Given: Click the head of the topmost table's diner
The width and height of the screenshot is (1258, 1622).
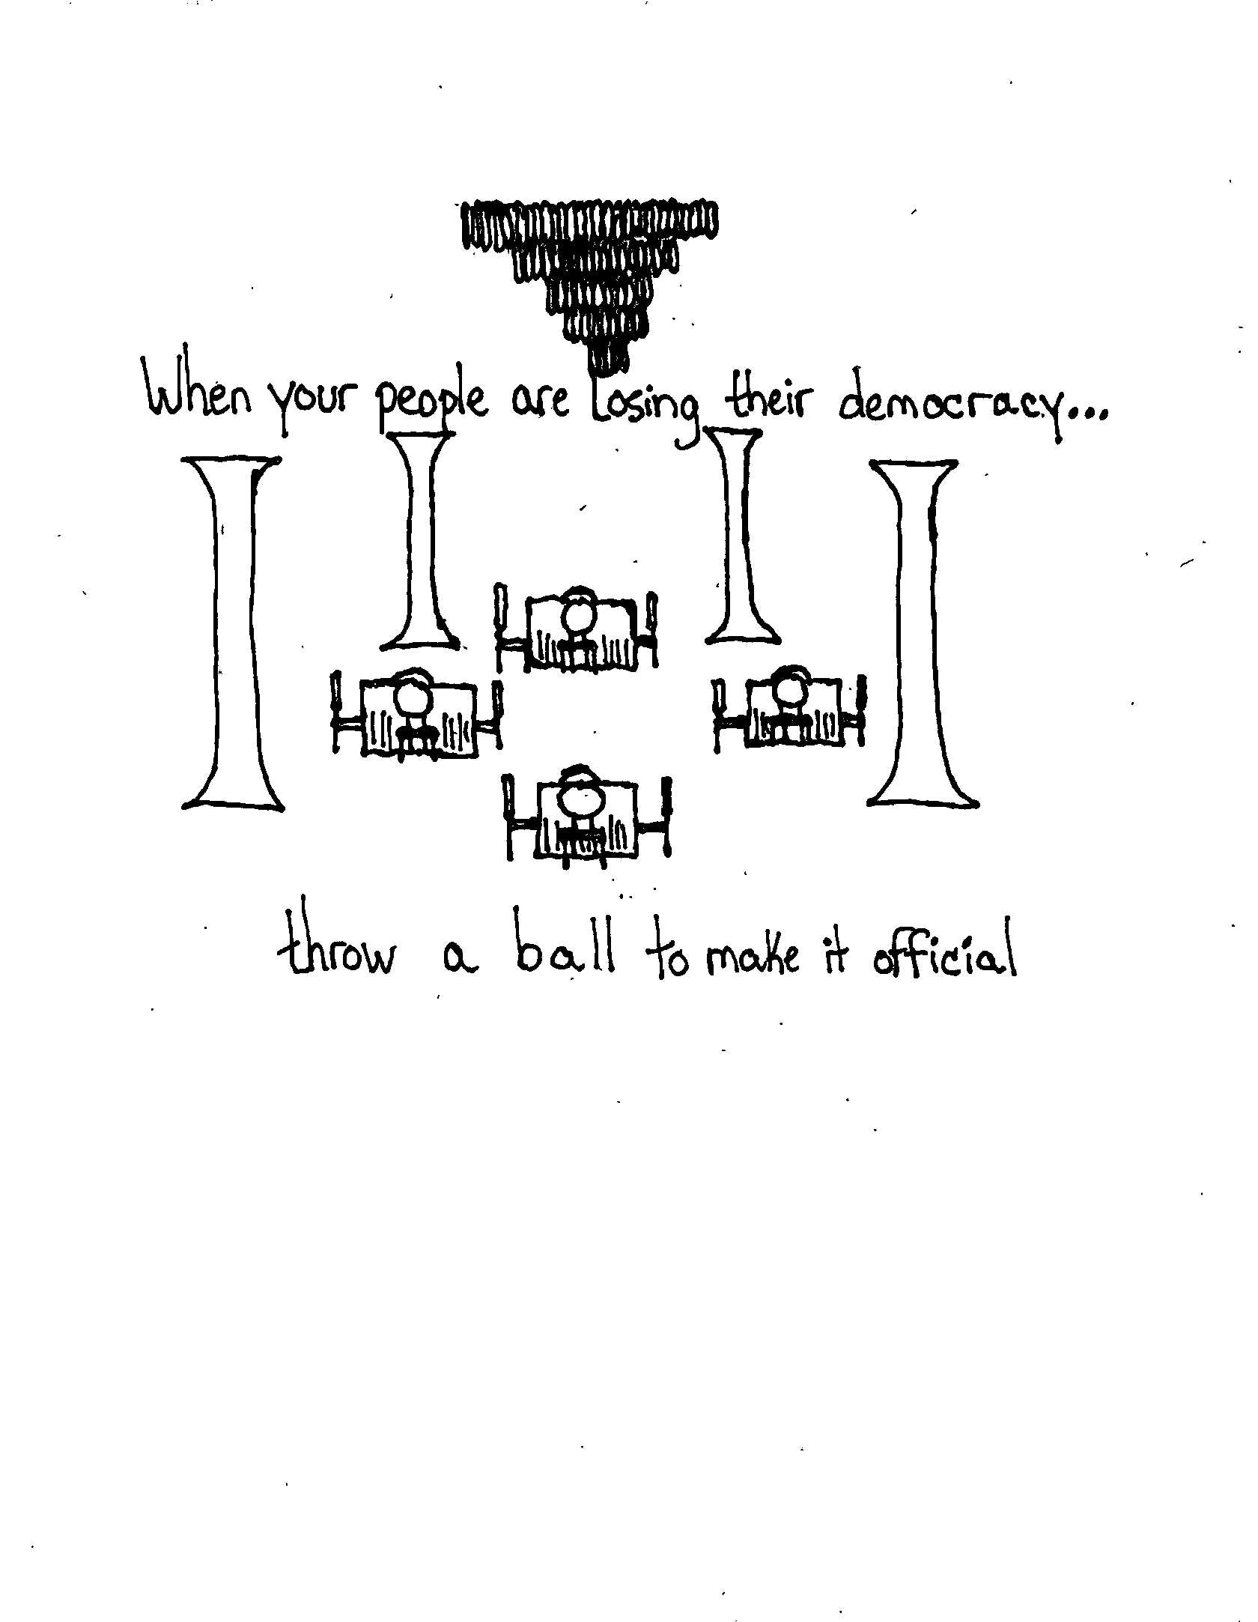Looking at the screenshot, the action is pos(579,613).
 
